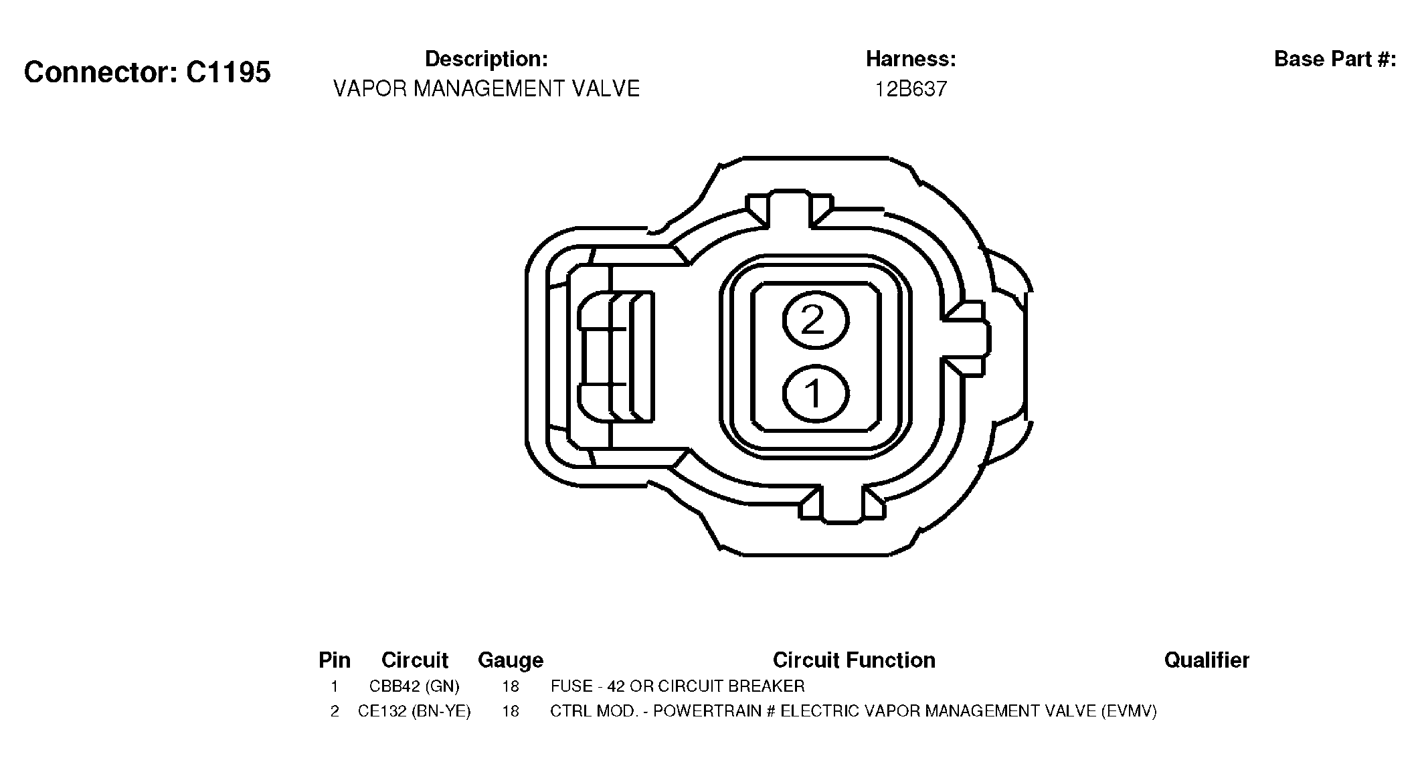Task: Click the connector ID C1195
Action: click(228, 72)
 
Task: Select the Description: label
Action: click(486, 59)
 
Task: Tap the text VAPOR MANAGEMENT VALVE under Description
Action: click(486, 88)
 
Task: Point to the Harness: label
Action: click(911, 59)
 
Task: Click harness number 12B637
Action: click(911, 89)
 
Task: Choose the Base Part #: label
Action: click(1335, 59)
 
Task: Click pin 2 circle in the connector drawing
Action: click(816, 320)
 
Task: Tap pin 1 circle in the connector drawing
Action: click(816, 393)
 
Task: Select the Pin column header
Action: click(335, 660)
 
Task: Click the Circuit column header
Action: click(415, 660)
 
